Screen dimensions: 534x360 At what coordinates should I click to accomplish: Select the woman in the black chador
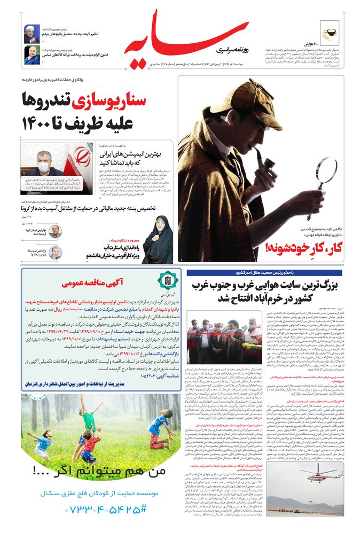(157, 240)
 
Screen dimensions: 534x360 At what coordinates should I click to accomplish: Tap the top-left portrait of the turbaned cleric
(32, 34)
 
